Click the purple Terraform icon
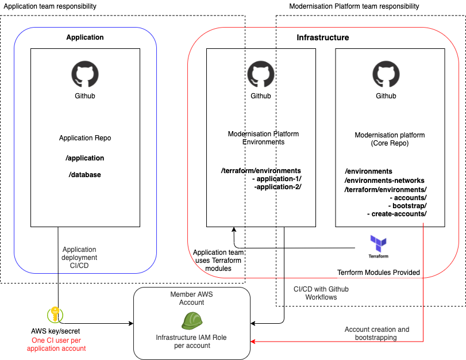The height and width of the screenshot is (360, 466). tap(378, 242)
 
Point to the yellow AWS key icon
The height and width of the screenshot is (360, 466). tap(55, 315)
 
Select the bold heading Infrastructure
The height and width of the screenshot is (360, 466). tap(322, 37)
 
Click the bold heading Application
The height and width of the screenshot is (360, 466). tap(85, 37)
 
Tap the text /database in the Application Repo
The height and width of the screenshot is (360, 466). tap(85, 174)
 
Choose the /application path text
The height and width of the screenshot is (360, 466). tap(85, 158)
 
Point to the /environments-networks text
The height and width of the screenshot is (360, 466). tap(384, 180)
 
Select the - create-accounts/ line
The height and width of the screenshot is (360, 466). tap(396, 213)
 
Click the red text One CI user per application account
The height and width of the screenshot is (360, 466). tap(56, 344)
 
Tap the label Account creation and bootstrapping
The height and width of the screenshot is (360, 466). tap(377, 334)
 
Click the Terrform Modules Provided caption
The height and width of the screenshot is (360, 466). tap(379, 272)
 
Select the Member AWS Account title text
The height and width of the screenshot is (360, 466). tap(191, 298)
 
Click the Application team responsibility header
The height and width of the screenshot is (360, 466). tap(51, 6)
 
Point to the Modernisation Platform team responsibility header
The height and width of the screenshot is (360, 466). tap(354, 6)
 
